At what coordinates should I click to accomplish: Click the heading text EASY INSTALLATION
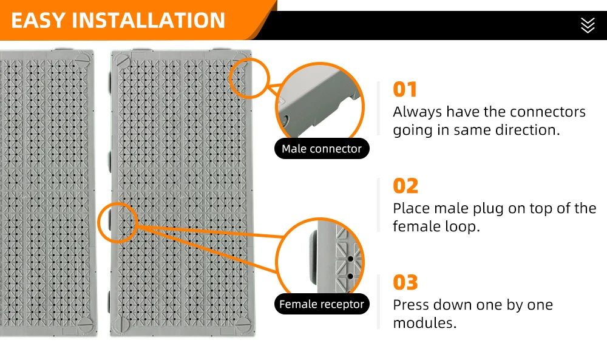click(118, 20)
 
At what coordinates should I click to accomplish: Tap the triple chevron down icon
click(587, 25)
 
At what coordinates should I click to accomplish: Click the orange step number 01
click(405, 89)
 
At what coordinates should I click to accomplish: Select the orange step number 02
click(405, 186)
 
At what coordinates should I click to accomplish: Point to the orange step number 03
click(405, 282)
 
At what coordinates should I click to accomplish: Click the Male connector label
click(322, 149)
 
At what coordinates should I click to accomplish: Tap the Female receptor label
click(322, 304)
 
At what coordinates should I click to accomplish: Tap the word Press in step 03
click(410, 305)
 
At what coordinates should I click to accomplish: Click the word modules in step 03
click(425, 323)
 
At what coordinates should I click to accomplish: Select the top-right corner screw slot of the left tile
click(84, 60)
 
